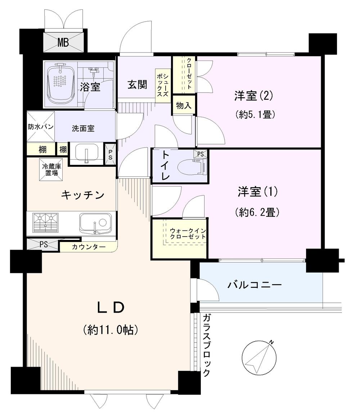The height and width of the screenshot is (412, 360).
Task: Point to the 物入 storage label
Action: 184,106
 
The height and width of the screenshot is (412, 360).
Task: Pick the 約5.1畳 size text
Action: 256,115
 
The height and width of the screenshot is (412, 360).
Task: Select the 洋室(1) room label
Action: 257,192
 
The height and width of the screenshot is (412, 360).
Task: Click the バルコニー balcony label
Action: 254,285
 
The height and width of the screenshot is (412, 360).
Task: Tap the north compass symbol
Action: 257,357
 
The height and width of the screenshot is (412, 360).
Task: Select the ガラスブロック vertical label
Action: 206,345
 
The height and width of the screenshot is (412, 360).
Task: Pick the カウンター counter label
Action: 89,247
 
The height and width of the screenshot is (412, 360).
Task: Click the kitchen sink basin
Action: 95,222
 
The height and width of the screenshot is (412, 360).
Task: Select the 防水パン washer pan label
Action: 41,127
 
